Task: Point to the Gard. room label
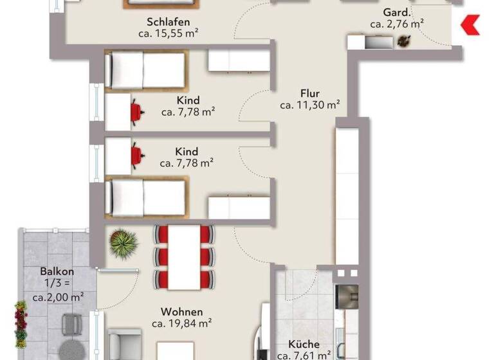click(x=396, y=12)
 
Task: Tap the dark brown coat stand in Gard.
click(x=404, y=41)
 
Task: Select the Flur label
click(x=309, y=93)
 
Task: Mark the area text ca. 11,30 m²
click(x=309, y=105)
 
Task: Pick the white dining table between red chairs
click(x=183, y=256)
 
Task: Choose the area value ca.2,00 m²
click(x=57, y=296)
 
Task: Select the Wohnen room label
click(x=182, y=312)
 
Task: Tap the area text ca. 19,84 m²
click(x=182, y=323)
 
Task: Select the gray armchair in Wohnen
click(x=123, y=344)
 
